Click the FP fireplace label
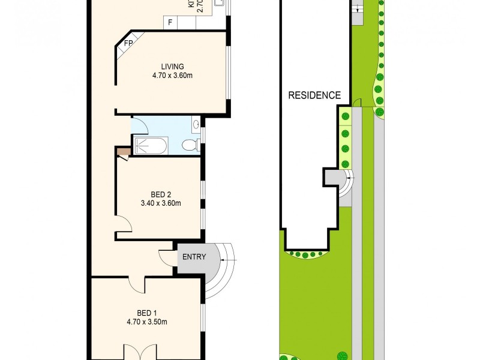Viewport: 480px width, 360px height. pos(128,44)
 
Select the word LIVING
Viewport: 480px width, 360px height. pos(172,67)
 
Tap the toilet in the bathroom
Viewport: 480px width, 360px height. pos(190,145)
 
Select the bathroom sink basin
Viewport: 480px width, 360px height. pos(197,125)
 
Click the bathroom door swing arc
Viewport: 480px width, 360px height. pos(139,125)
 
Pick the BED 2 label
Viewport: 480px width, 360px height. pos(161,194)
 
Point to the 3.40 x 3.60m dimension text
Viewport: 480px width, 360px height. pos(161,203)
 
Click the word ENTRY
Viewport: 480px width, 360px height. pos(194,257)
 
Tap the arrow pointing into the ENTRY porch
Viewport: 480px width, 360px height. pos(229,260)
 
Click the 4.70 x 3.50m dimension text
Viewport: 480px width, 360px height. pos(146,322)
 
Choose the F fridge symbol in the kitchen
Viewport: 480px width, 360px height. pos(170,23)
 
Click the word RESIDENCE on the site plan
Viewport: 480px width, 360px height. pos(314,95)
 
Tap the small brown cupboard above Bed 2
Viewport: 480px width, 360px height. pos(122,152)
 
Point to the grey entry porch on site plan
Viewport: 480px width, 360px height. pos(332,178)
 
